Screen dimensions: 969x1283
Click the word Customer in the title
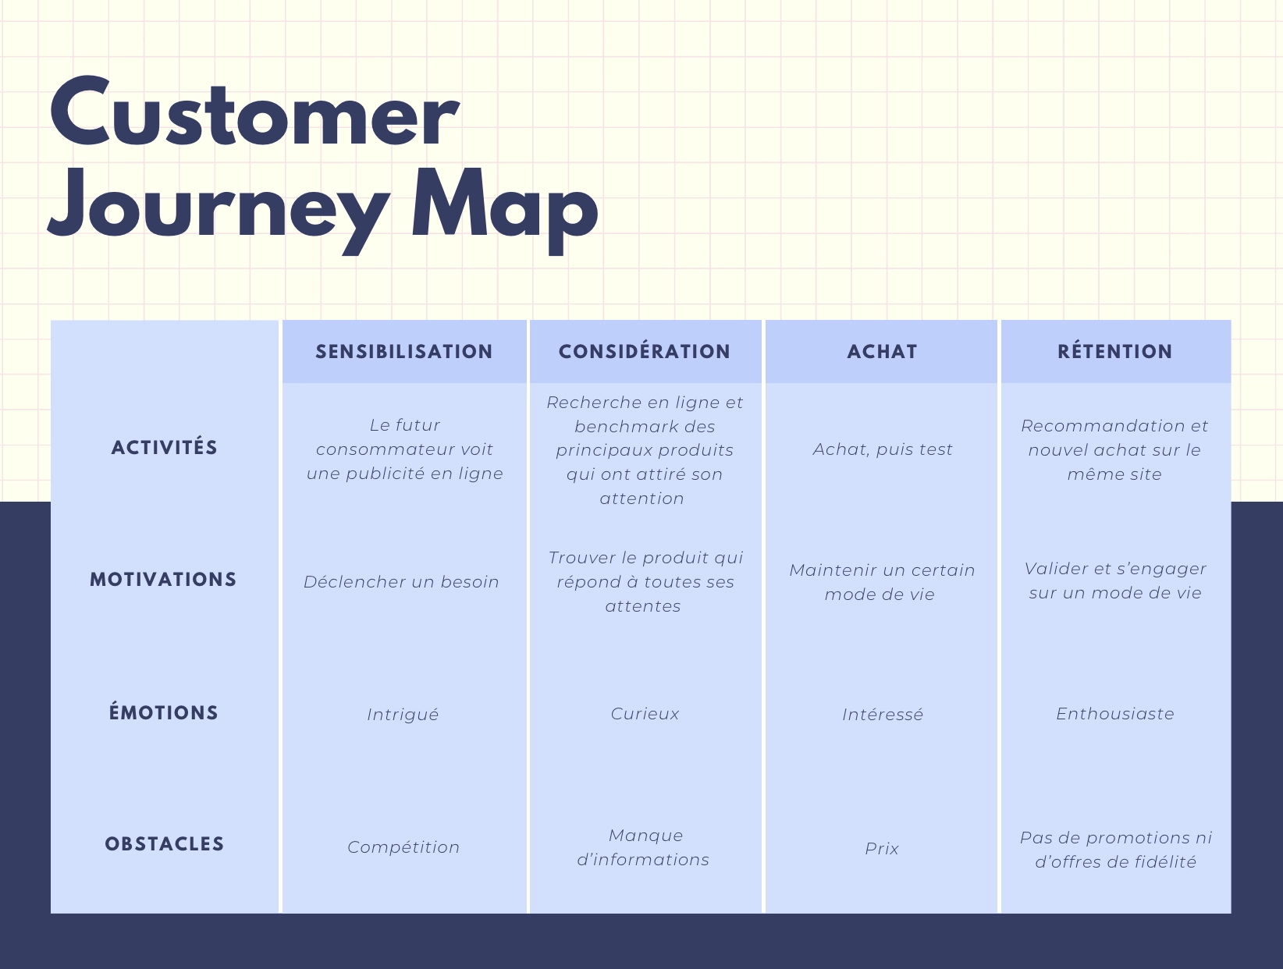point(254,112)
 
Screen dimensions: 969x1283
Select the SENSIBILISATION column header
point(404,352)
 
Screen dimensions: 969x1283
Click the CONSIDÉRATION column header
point(645,352)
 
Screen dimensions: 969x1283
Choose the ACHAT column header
point(882,352)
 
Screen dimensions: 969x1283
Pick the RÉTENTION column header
point(1114,352)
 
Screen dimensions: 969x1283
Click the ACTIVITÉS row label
point(165,448)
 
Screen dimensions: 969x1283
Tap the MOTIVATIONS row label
point(163,580)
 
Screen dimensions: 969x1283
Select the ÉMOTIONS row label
point(164,713)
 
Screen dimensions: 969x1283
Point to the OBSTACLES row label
point(165,844)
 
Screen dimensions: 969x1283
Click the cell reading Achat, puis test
point(883,449)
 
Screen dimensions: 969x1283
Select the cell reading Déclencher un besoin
point(401,582)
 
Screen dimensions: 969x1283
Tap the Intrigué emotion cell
point(403,715)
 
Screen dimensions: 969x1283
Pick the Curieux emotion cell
point(645,714)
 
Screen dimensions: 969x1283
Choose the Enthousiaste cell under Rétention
point(1114,714)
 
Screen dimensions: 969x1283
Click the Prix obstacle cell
point(882,848)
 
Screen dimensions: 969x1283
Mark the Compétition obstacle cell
point(403,847)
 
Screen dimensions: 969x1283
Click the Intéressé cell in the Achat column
point(882,715)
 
